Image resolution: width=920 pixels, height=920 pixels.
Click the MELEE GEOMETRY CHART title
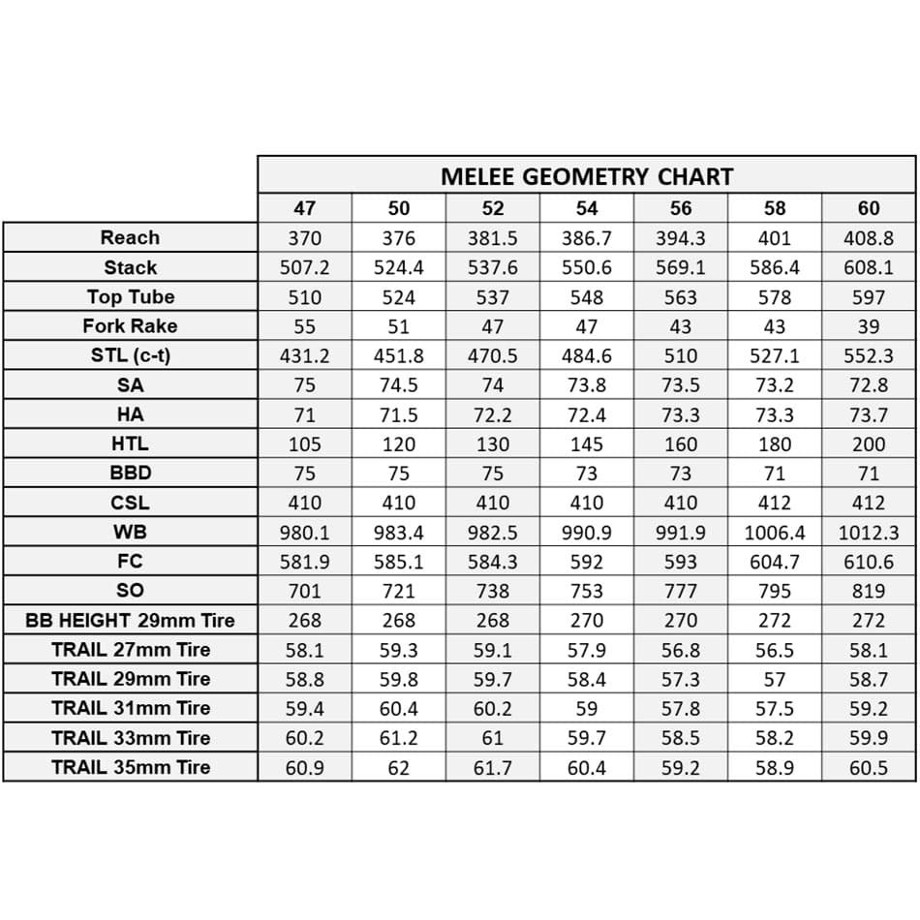(x=586, y=176)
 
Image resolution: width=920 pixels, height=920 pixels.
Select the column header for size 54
(x=587, y=208)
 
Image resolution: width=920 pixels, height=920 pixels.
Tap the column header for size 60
(x=869, y=208)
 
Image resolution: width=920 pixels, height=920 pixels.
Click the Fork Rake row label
(x=130, y=325)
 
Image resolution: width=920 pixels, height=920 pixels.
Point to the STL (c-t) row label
(x=130, y=355)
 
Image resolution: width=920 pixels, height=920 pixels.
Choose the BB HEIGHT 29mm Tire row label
(x=130, y=620)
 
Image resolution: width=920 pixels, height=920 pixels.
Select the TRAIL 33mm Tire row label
(x=130, y=738)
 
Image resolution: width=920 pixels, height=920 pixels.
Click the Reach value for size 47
(x=304, y=238)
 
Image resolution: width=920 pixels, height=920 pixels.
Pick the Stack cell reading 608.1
(x=869, y=267)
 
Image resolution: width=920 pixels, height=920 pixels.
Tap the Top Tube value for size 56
(x=681, y=297)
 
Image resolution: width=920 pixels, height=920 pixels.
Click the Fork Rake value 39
(x=869, y=326)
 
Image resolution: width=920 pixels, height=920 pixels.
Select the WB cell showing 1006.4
(x=775, y=533)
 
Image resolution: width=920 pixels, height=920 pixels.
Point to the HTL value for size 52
(x=493, y=445)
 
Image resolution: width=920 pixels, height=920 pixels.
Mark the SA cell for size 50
(x=398, y=385)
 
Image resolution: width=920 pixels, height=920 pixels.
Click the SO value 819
(x=869, y=591)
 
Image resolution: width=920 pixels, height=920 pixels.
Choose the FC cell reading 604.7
(x=775, y=562)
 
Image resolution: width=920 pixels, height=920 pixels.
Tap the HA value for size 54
(x=587, y=414)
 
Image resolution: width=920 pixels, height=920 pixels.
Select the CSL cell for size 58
(x=775, y=503)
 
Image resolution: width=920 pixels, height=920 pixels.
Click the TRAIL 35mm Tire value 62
(x=398, y=768)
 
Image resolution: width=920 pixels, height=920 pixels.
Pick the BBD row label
(x=130, y=474)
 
